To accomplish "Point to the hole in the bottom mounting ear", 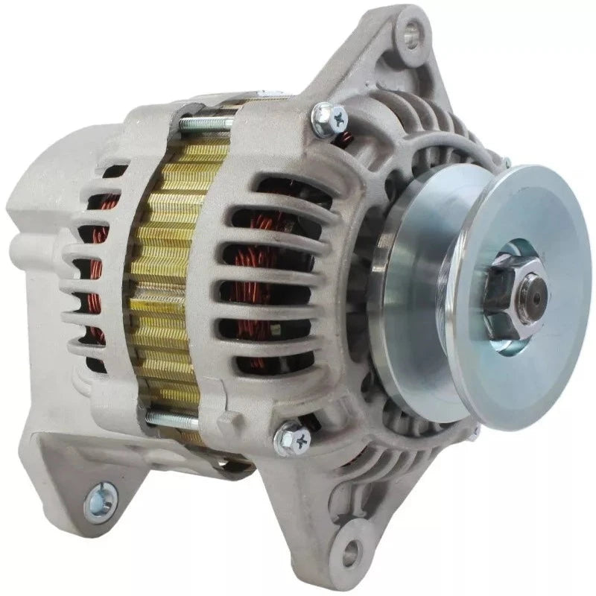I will point(349,554).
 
